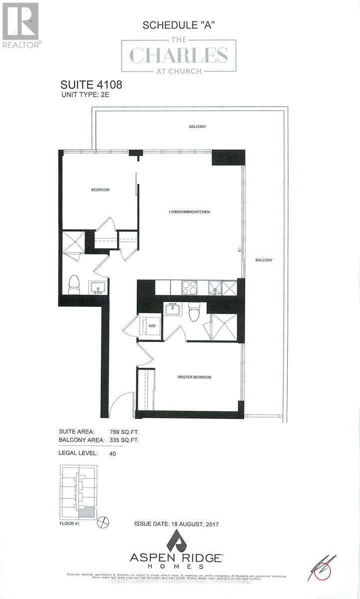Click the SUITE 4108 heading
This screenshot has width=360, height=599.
91,84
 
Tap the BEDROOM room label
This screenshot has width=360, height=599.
100,190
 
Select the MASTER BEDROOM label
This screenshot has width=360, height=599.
194,377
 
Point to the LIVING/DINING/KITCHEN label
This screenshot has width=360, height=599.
189,212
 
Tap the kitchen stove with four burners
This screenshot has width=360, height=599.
189,288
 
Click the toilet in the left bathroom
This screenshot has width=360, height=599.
74,284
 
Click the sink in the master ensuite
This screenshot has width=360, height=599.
173,309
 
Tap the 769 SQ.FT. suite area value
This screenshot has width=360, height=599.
124,431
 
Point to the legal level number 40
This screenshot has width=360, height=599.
112,454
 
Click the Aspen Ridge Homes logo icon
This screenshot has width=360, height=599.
176,541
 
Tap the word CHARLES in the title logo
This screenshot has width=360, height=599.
179,56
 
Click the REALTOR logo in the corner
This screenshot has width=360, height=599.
20,25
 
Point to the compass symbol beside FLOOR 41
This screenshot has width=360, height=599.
104,522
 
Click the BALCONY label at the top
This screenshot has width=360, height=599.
197,127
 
